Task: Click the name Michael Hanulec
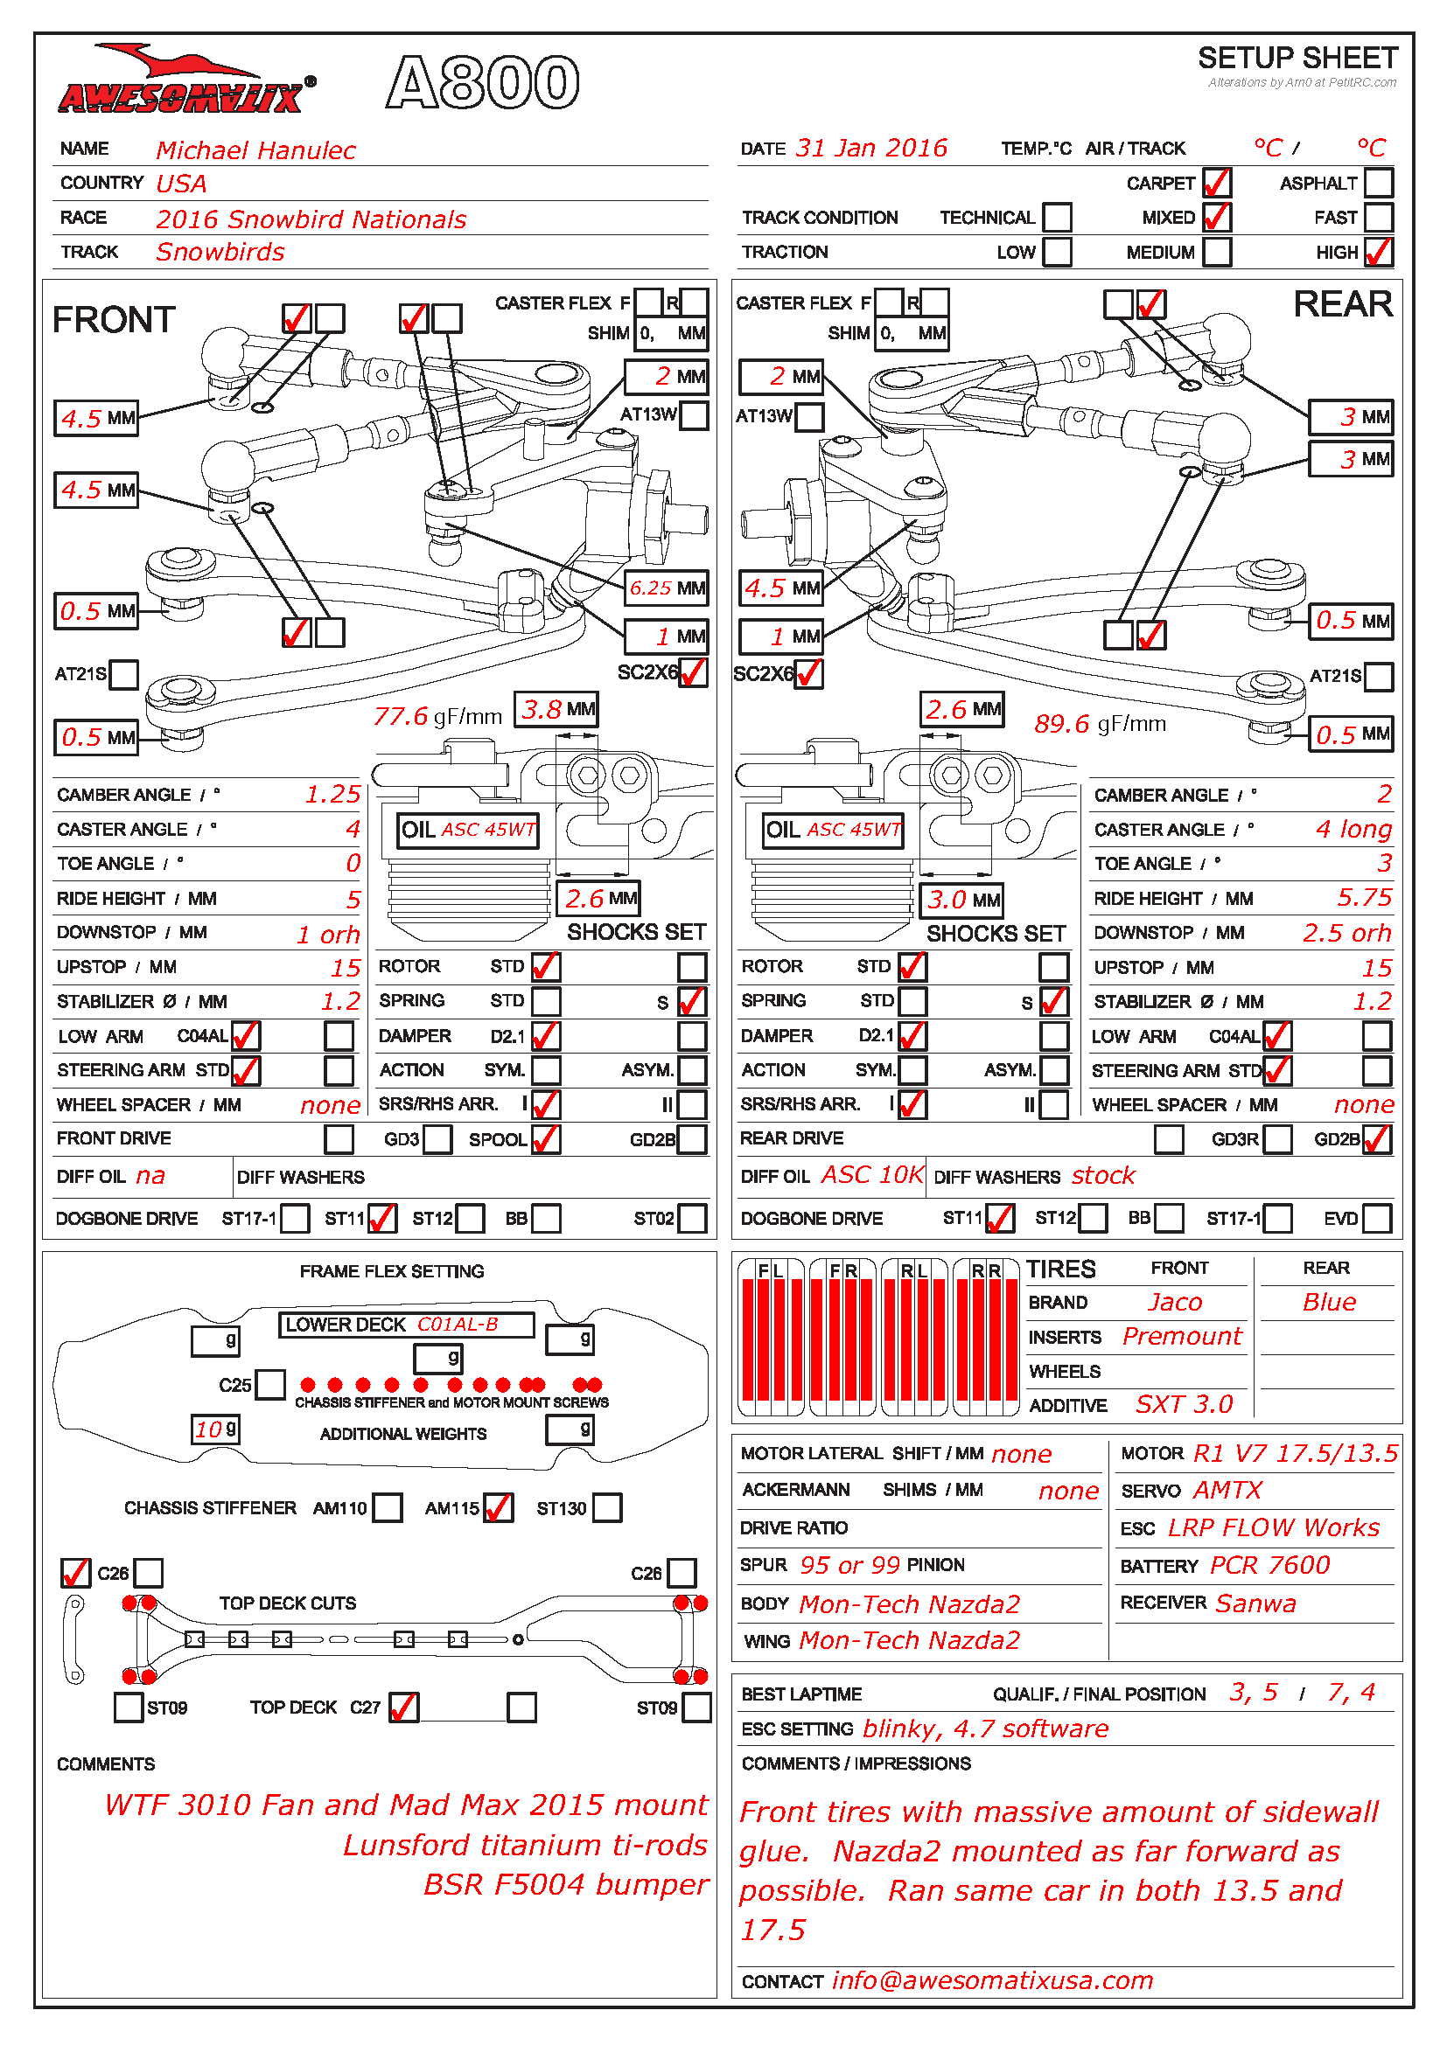pyautogui.click(x=255, y=150)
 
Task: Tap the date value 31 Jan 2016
pyautogui.click(x=870, y=148)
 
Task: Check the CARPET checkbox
pyautogui.click(x=1215, y=183)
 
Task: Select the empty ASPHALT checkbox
pyautogui.click(x=1378, y=183)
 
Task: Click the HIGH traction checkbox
pyautogui.click(x=1378, y=252)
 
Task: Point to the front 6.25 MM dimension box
pyautogui.click(x=667, y=588)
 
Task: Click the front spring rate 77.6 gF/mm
pyautogui.click(x=437, y=716)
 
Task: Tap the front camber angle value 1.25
pyautogui.click(x=332, y=794)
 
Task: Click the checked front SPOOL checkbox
pyautogui.click(x=545, y=1139)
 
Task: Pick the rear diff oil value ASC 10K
pyautogui.click(x=871, y=1175)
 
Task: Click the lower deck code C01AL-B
pyautogui.click(x=457, y=1325)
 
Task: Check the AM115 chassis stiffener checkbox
pyautogui.click(x=498, y=1508)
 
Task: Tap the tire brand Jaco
pyautogui.click(x=1174, y=1302)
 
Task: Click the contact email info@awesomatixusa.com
pyautogui.click(x=992, y=1980)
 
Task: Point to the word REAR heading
pyautogui.click(x=1342, y=304)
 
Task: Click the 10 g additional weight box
pyautogui.click(x=215, y=1429)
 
